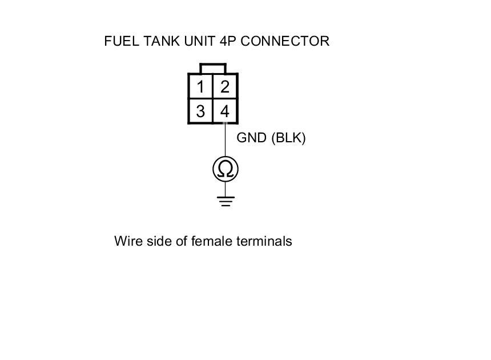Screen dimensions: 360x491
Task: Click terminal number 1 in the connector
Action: (x=200, y=87)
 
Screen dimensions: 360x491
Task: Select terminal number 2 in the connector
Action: (x=225, y=87)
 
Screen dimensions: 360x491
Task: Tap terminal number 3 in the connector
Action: (x=200, y=111)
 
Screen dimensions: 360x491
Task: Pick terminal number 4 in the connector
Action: (x=225, y=111)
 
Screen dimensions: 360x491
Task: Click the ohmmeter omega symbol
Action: (x=225, y=169)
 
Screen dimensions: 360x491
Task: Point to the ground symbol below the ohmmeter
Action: (x=226, y=201)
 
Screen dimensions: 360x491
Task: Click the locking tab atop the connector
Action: (x=213, y=69)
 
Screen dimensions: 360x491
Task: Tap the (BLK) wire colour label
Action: (x=288, y=138)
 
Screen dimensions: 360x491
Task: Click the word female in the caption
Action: (x=212, y=241)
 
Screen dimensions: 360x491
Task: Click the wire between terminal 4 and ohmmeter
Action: (x=225, y=140)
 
